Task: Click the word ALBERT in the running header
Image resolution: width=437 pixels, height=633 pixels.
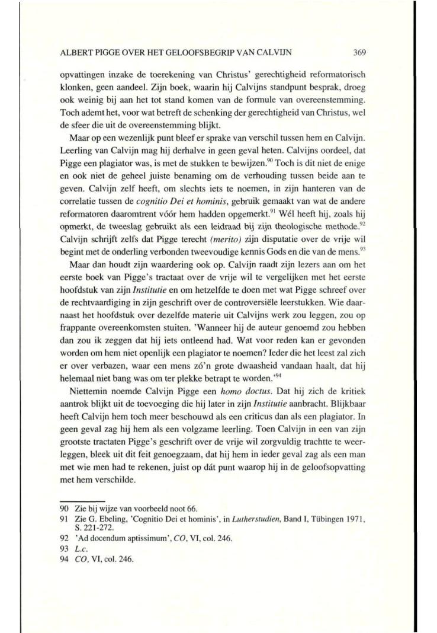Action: click(x=75, y=52)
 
